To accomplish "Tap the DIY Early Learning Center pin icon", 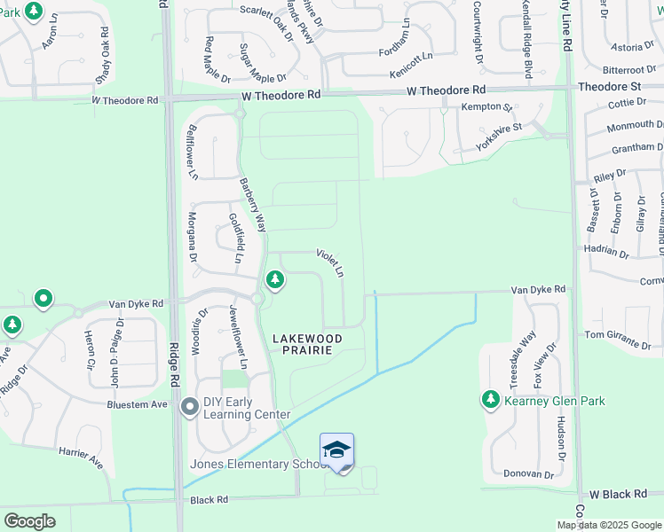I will [x=190, y=408].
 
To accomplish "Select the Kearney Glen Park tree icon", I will [x=490, y=400].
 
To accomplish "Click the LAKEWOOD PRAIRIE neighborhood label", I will [x=307, y=344].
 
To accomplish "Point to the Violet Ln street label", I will [x=329, y=262].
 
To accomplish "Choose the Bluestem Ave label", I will [x=138, y=404].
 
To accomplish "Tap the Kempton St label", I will [x=486, y=107].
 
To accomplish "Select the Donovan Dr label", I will [x=528, y=474].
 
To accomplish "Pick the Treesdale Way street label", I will [x=523, y=359].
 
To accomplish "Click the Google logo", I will [x=29, y=520].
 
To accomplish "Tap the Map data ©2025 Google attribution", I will [x=608, y=525].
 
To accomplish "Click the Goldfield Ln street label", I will [x=235, y=239].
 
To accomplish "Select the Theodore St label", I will [x=609, y=87].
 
